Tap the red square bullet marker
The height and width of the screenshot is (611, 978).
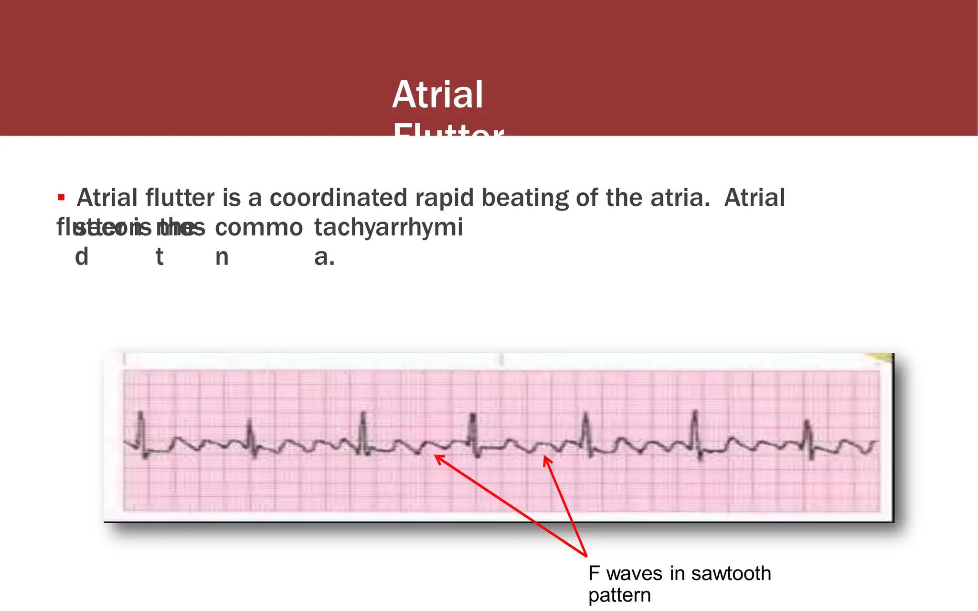[x=61, y=197]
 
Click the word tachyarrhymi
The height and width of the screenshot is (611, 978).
[x=388, y=228]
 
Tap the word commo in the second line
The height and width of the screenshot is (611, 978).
[x=258, y=228]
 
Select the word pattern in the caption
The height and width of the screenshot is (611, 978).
[x=619, y=595]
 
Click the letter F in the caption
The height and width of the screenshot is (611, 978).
[x=594, y=573]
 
